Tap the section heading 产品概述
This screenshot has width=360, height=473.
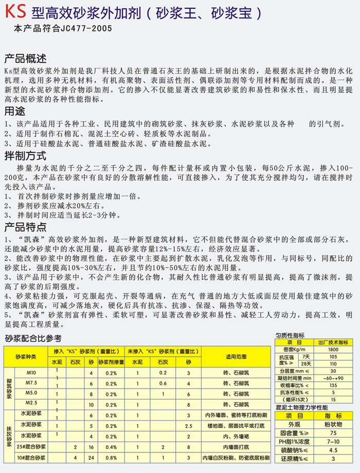25,58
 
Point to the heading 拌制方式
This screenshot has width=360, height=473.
25,155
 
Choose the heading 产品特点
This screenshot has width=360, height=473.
25,227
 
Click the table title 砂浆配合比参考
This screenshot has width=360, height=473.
33,338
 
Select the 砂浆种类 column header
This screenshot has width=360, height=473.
26,356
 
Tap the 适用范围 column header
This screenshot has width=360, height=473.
236,356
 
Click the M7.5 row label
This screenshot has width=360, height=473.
31,383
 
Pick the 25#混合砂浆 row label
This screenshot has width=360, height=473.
28,447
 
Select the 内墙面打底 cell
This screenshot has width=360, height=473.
236,447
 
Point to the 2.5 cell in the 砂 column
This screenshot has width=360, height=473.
188,426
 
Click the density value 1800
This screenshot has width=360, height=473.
333,350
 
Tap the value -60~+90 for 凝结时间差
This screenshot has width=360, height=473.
333,378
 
